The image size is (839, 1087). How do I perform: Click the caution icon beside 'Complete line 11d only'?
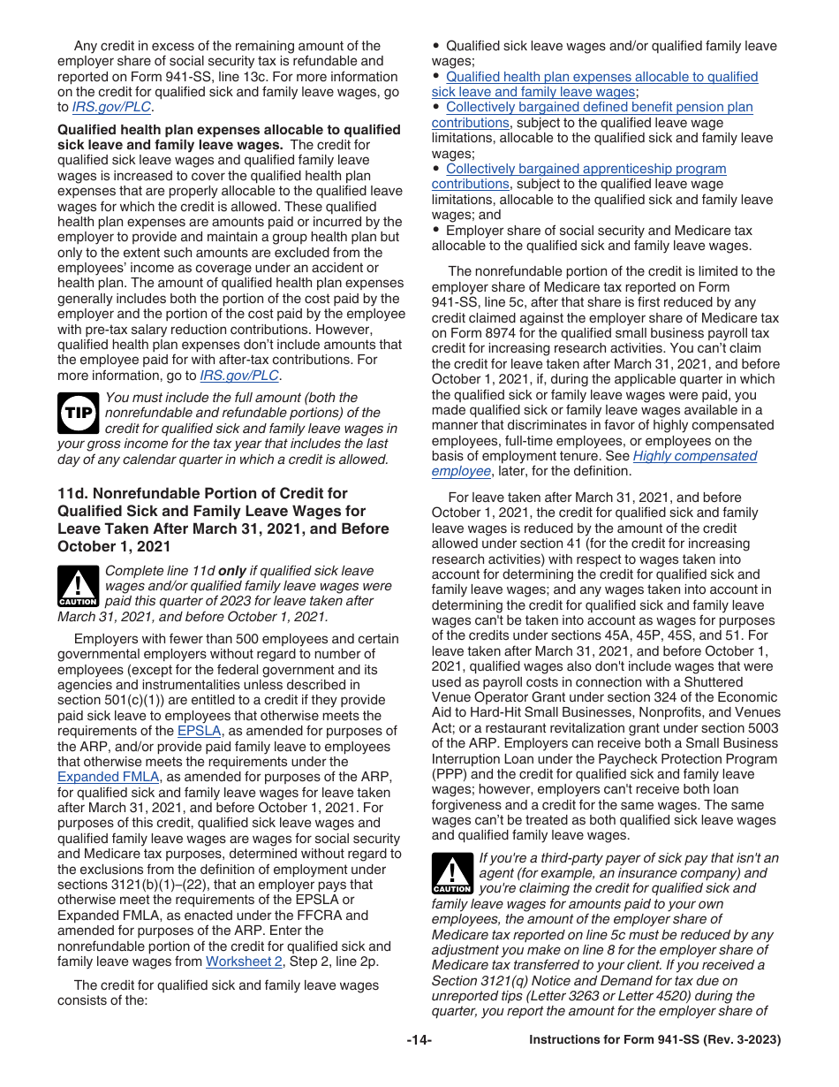(x=78, y=586)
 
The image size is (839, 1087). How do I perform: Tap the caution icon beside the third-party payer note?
(x=451, y=873)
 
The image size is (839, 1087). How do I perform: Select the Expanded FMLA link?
(x=108, y=777)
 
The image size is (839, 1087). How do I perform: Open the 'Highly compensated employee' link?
(x=694, y=456)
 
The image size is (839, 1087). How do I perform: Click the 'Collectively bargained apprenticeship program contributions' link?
(x=586, y=169)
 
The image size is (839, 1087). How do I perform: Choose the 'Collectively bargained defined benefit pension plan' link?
(x=599, y=107)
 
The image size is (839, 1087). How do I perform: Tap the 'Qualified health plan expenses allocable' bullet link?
(x=601, y=77)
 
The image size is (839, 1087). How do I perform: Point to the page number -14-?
(x=419, y=1040)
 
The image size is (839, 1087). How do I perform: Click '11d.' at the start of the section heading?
(x=73, y=493)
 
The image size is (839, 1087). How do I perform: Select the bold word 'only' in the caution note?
(x=232, y=571)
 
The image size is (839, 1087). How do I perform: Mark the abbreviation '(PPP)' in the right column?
(x=449, y=774)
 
